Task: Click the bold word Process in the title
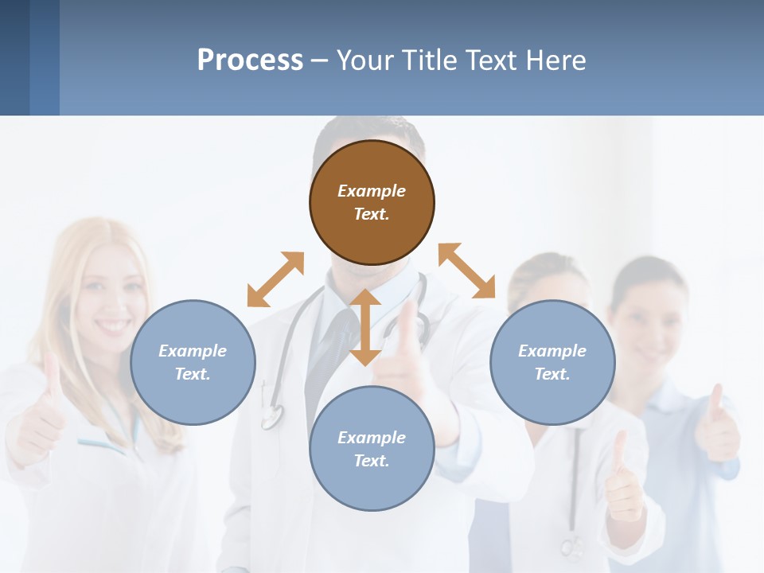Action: pyautogui.click(x=250, y=60)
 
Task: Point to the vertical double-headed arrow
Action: pyautogui.click(x=365, y=327)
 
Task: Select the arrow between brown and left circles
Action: pyautogui.click(x=275, y=279)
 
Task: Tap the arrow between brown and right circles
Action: pyautogui.click(x=467, y=271)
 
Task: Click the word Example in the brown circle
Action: pyautogui.click(x=372, y=191)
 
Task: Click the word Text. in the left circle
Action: pyautogui.click(x=193, y=374)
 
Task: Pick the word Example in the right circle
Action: pyautogui.click(x=552, y=351)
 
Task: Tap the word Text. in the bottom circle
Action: pyautogui.click(x=372, y=461)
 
